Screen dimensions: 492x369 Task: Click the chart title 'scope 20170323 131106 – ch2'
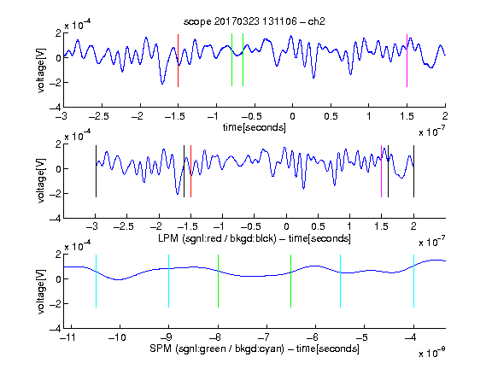[255, 21]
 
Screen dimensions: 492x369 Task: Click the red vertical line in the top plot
[178, 61]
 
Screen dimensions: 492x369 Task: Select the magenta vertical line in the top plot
[407, 61]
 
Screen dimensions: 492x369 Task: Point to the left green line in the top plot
[231, 60]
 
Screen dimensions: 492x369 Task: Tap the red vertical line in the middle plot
[190, 171]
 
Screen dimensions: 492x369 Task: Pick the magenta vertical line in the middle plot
[381, 171]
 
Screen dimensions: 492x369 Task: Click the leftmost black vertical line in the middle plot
[96, 171]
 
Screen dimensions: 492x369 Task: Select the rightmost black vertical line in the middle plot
[413, 171]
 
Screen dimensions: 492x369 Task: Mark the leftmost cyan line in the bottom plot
[96, 281]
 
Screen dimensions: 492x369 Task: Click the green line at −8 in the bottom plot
[218, 281]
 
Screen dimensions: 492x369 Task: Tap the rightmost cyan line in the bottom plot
[413, 281]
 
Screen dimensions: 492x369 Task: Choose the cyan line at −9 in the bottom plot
[168, 281]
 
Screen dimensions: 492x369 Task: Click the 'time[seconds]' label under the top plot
[255, 127]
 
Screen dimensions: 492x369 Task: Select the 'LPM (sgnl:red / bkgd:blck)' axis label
[217, 238]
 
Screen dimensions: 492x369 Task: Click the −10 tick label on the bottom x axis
[117, 337]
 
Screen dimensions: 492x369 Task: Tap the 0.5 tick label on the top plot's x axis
[331, 116]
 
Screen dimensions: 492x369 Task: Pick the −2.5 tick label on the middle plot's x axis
[124, 226]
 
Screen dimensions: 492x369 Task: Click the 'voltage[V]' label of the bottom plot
[41, 292]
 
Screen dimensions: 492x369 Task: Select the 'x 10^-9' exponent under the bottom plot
[432, 353]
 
